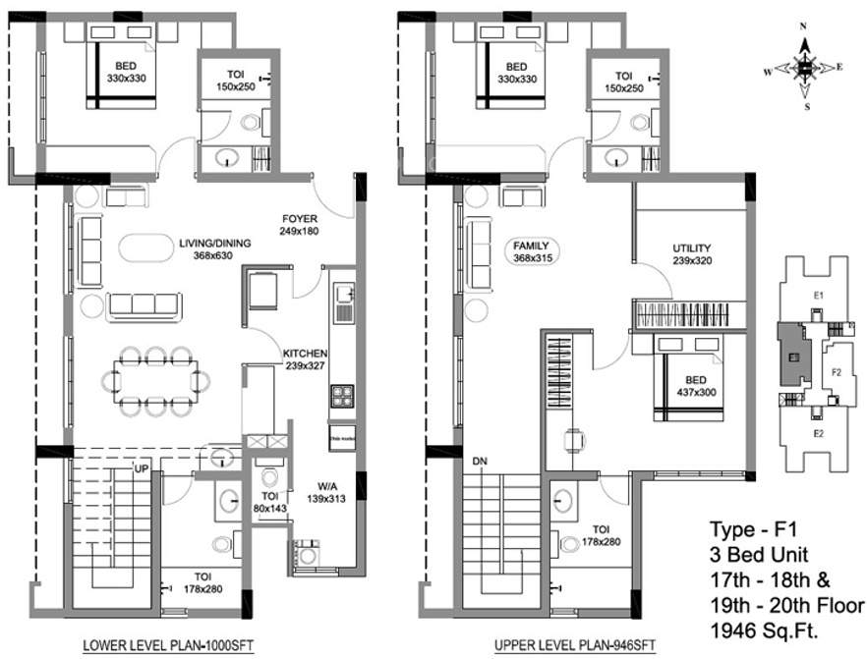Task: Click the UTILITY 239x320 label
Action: click(691, 254)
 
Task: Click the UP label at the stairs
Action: click(141, 469)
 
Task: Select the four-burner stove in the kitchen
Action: click(341, 397)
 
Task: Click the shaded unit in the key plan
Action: click(790, 356)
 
